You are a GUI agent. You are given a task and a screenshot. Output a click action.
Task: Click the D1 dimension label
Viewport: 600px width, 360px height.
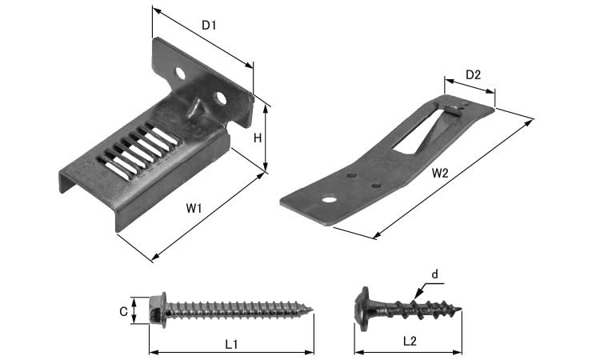(209, 26)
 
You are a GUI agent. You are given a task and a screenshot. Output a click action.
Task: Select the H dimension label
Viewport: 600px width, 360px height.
(258, 138)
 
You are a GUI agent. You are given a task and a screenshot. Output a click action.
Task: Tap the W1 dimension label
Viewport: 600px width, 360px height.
(194, 209)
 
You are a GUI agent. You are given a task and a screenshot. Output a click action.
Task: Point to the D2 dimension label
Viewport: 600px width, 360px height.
(473, 75)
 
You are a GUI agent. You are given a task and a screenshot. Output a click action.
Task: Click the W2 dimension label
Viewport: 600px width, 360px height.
(440, 174)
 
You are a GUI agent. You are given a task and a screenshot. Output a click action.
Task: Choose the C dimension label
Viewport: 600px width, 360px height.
(123, 312)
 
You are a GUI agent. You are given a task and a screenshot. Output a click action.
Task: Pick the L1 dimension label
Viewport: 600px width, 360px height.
(231, 344)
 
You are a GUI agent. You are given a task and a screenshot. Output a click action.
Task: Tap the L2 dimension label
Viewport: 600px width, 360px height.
(410, 342)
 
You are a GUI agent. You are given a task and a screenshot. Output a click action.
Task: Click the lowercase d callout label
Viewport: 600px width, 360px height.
(434, 274)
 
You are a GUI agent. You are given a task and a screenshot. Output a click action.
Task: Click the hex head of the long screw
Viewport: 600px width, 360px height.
(158, 310)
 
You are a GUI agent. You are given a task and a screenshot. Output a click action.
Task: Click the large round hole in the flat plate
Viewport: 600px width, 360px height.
(329, 199)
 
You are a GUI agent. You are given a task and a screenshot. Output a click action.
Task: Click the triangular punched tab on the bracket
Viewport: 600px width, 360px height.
(195, 107)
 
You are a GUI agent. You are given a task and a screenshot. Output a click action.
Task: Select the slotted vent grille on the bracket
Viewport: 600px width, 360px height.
(138, 151)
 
